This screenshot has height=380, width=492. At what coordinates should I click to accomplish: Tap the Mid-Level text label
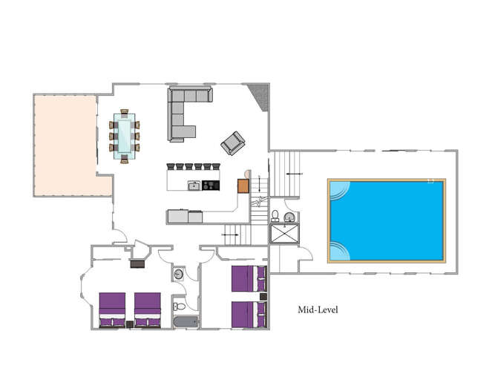pyautogui.click(x=318, y=309)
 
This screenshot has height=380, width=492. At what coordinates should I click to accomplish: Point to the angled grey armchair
pyautogui.click(x=232, y=142)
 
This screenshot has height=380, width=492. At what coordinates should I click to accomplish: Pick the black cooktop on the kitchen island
pyautogui.click(x=211, y=185)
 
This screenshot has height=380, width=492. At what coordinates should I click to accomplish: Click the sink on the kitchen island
pyautogui.click(x=194, y=185)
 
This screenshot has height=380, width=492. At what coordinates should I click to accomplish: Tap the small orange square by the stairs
pyautogui.click(x=243, y=186)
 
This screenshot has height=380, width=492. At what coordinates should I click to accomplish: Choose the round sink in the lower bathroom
pyautogui.click(x=179, y=275)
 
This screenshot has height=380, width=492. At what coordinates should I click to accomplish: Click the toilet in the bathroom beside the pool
pyautogui.click(x=275, y=216)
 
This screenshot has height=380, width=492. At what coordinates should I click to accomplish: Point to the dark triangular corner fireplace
pyautogui.click(x=259, y=95)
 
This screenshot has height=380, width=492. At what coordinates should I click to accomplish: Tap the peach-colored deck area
pyautogui.click(x=65, y=145)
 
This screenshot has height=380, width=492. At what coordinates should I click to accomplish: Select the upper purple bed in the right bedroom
pyautogui.click(x=248, y=279)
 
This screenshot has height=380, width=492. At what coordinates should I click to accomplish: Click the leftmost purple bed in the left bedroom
pyautogui.click(x=112, y=309)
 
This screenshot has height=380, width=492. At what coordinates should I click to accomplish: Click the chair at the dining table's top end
pyautogui.click(x=125, y=113)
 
